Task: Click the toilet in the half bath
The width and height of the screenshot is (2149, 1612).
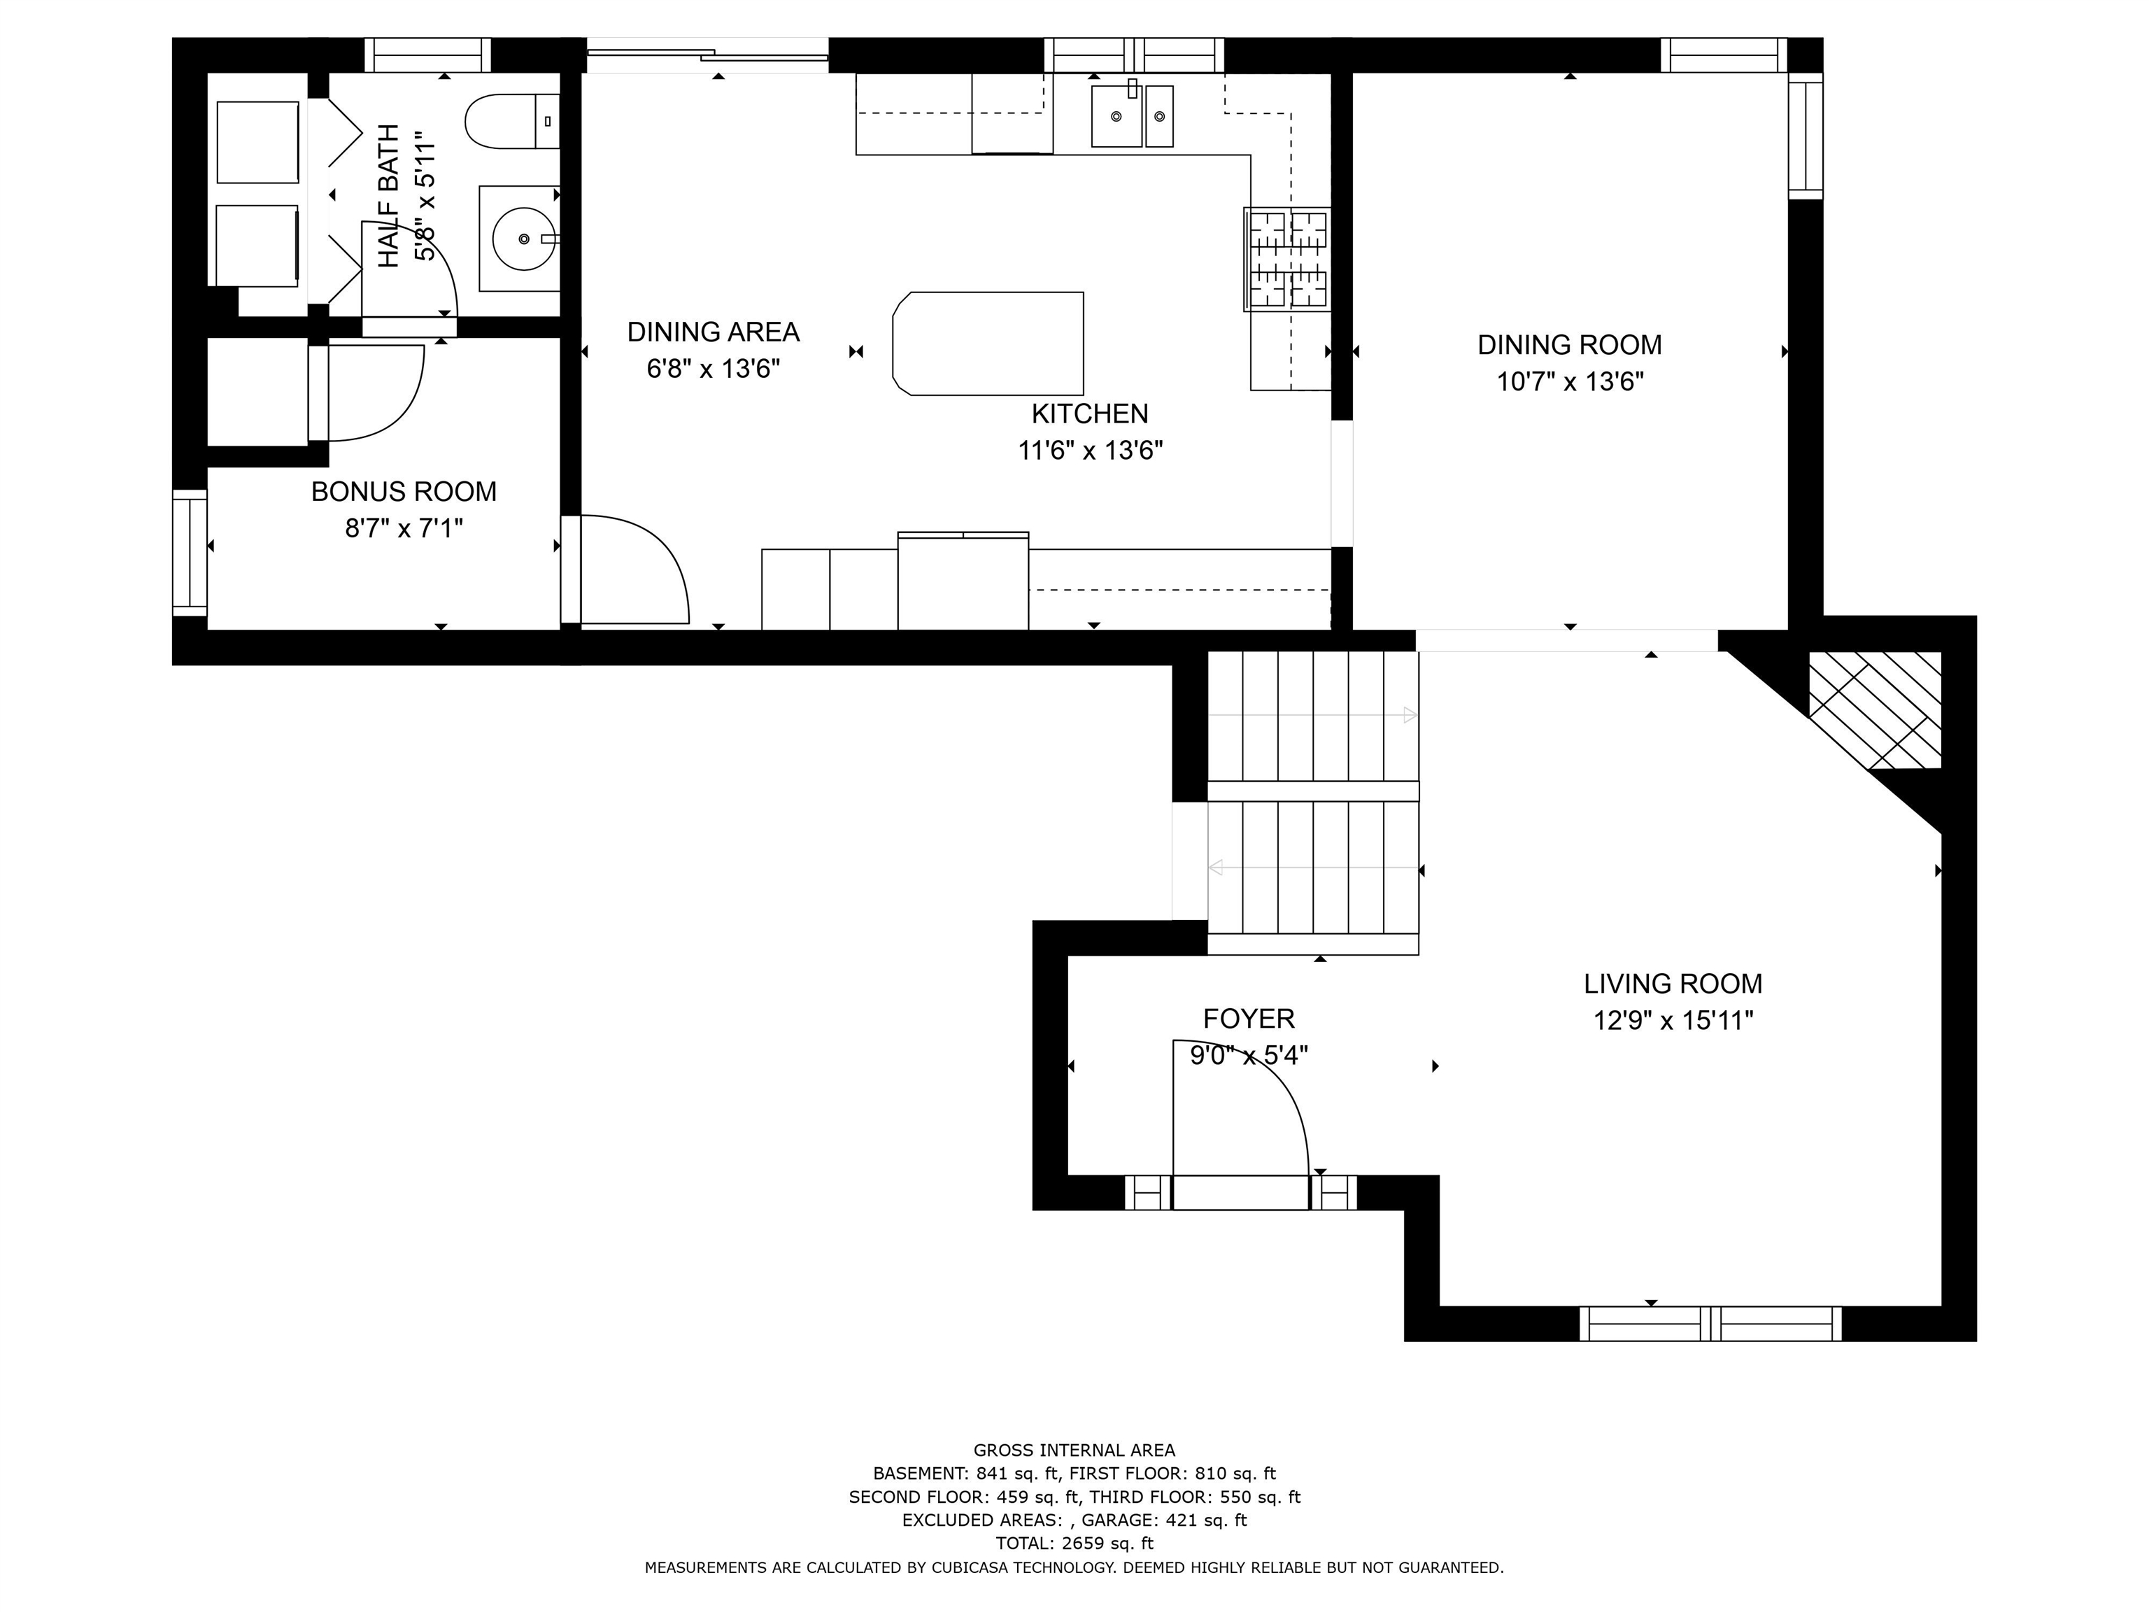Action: [x=512, y=122]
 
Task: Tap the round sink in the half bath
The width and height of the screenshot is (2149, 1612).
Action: [x=524, y=238]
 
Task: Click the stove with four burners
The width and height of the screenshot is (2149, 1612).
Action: [x=1287, y=260]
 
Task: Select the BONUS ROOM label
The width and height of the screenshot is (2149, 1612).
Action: [x=404, y=492]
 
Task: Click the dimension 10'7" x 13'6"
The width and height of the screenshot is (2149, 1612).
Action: [x=1570, y=382]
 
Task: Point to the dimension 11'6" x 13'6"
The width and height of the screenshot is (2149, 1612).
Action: [x=1090, y=451]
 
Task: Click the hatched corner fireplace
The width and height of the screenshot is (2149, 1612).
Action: [x=1874, y=709]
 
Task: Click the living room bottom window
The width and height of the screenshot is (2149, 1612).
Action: [x=1710, y=1324]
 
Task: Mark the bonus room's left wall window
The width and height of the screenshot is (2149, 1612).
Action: [x=190, y=553]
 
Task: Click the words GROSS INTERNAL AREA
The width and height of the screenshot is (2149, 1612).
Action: [x=1074, y=1450]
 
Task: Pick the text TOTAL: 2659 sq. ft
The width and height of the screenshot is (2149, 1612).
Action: [x=1074, y=1543]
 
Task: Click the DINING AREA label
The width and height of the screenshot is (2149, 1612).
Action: [x=713, y=332]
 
